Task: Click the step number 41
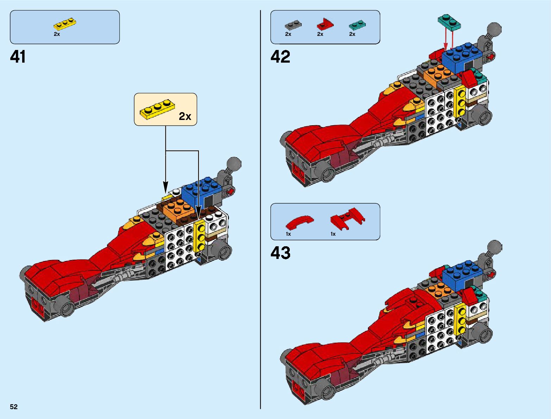pyautogui.click(x=18, y=57)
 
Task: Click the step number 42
pyautogui.click(x=280, y=57)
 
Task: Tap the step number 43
pyautogui.click(x=280, y=253)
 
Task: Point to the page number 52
pyautogui.click(x=14, y=407)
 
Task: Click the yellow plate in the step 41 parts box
pyautogui.click(x=65, y=24)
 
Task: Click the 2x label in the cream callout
pyautogui.click(x=185, y=116)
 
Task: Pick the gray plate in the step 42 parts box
pyautogui.click(x=293, y=25)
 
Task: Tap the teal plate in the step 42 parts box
pyautogui.click(x=357, y=25)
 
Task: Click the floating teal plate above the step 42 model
pyautogui.click(x=449, y=22)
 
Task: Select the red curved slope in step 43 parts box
pyautogui.click(x=299, y=223)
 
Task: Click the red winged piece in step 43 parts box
pyautogui.click(x=347, y=218)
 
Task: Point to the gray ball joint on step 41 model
pyautogui.click(x=234, y=164)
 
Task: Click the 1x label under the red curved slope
pyautogui.click(x=288, y=234)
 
